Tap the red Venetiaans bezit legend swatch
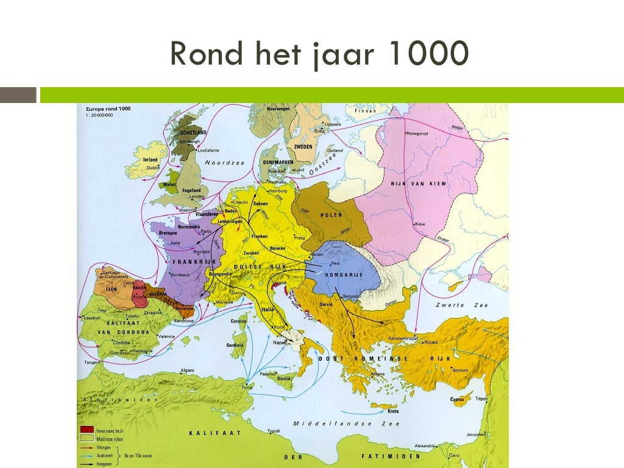click(x=87, y=430)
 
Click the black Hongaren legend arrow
click(x=87, y=463)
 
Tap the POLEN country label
click(x=331, y=214)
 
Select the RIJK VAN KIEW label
click(x=419, y=183)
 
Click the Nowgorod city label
click(x=418, y=133)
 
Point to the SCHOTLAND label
click(x=193, y=132)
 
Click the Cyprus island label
click(x=457, y=400)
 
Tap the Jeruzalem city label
click(x=475, y=434)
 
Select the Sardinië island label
click(x=235, y=345)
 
